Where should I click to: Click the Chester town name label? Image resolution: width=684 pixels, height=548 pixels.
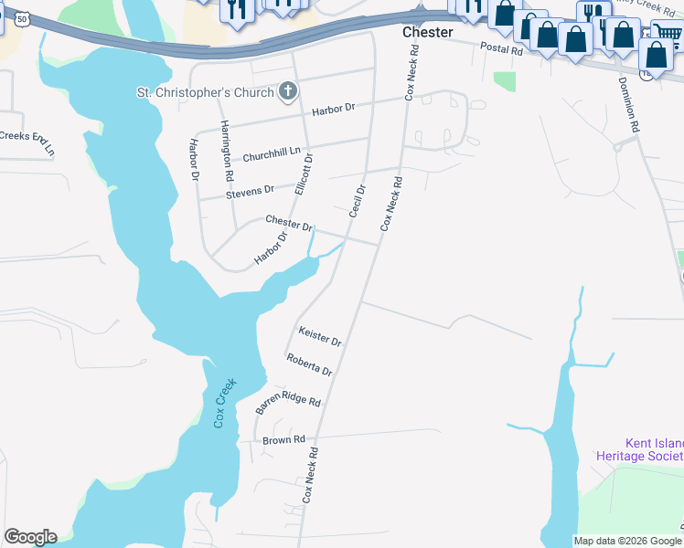point(428,32)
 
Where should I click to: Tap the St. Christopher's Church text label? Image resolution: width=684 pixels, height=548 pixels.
point(205,92)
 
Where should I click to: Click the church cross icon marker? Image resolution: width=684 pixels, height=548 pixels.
point(288,91)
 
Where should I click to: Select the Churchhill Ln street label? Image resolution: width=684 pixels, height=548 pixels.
point(271,152)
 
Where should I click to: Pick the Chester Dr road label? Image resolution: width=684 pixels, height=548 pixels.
point(289,222)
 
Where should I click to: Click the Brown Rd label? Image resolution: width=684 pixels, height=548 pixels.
point(283,440)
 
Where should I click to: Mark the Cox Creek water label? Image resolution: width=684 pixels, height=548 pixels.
point(224,403)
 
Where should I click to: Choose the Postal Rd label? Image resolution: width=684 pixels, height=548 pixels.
point(504,51)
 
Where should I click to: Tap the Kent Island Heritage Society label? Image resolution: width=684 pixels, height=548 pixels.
point(639,448)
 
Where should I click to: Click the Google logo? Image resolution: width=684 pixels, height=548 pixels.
point(30,537)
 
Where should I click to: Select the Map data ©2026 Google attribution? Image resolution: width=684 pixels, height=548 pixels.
point(626,541)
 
